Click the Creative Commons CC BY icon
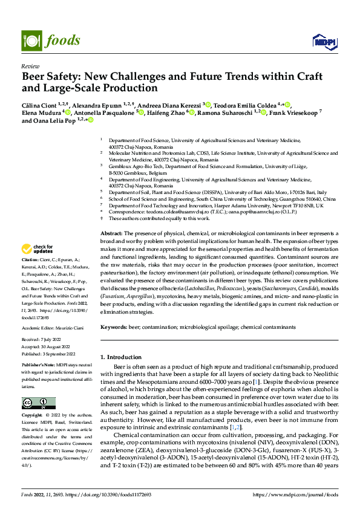38,403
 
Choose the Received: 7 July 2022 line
42,340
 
